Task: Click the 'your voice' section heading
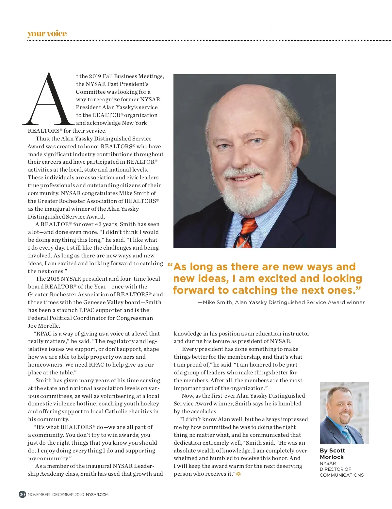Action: tap(47, 34)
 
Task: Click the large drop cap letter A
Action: tap(49, 100)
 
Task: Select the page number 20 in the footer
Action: tap(22, 494)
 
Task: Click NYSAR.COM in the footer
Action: tap(97, 495)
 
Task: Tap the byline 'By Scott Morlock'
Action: tap(332, 454)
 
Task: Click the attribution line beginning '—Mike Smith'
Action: tap(281, 303)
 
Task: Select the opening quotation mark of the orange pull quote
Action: tap(170, 266)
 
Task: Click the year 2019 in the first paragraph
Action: tap(95, 76)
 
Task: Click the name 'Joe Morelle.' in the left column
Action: tap(44, 326)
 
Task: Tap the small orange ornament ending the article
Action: tap(238, 474)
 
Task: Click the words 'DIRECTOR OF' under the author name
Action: tap(335, 469)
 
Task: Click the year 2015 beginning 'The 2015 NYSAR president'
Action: tap(53, 279)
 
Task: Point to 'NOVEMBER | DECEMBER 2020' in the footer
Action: tap(56, 495)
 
